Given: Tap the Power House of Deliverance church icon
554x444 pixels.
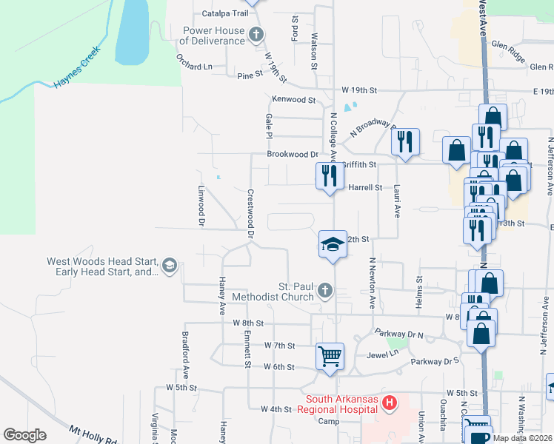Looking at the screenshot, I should point(256,34).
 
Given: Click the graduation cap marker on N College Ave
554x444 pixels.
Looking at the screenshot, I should point(333,244).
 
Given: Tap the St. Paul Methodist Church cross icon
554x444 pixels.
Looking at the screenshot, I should point(324,291).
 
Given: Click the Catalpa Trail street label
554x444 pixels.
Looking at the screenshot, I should point(224,13).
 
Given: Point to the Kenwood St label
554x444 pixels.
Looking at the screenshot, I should point(294,99).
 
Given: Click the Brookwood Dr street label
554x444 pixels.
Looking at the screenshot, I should point(293,155).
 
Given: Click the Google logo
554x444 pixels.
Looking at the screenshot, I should point(24,435).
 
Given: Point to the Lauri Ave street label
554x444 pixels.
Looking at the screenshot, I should point(397,201).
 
